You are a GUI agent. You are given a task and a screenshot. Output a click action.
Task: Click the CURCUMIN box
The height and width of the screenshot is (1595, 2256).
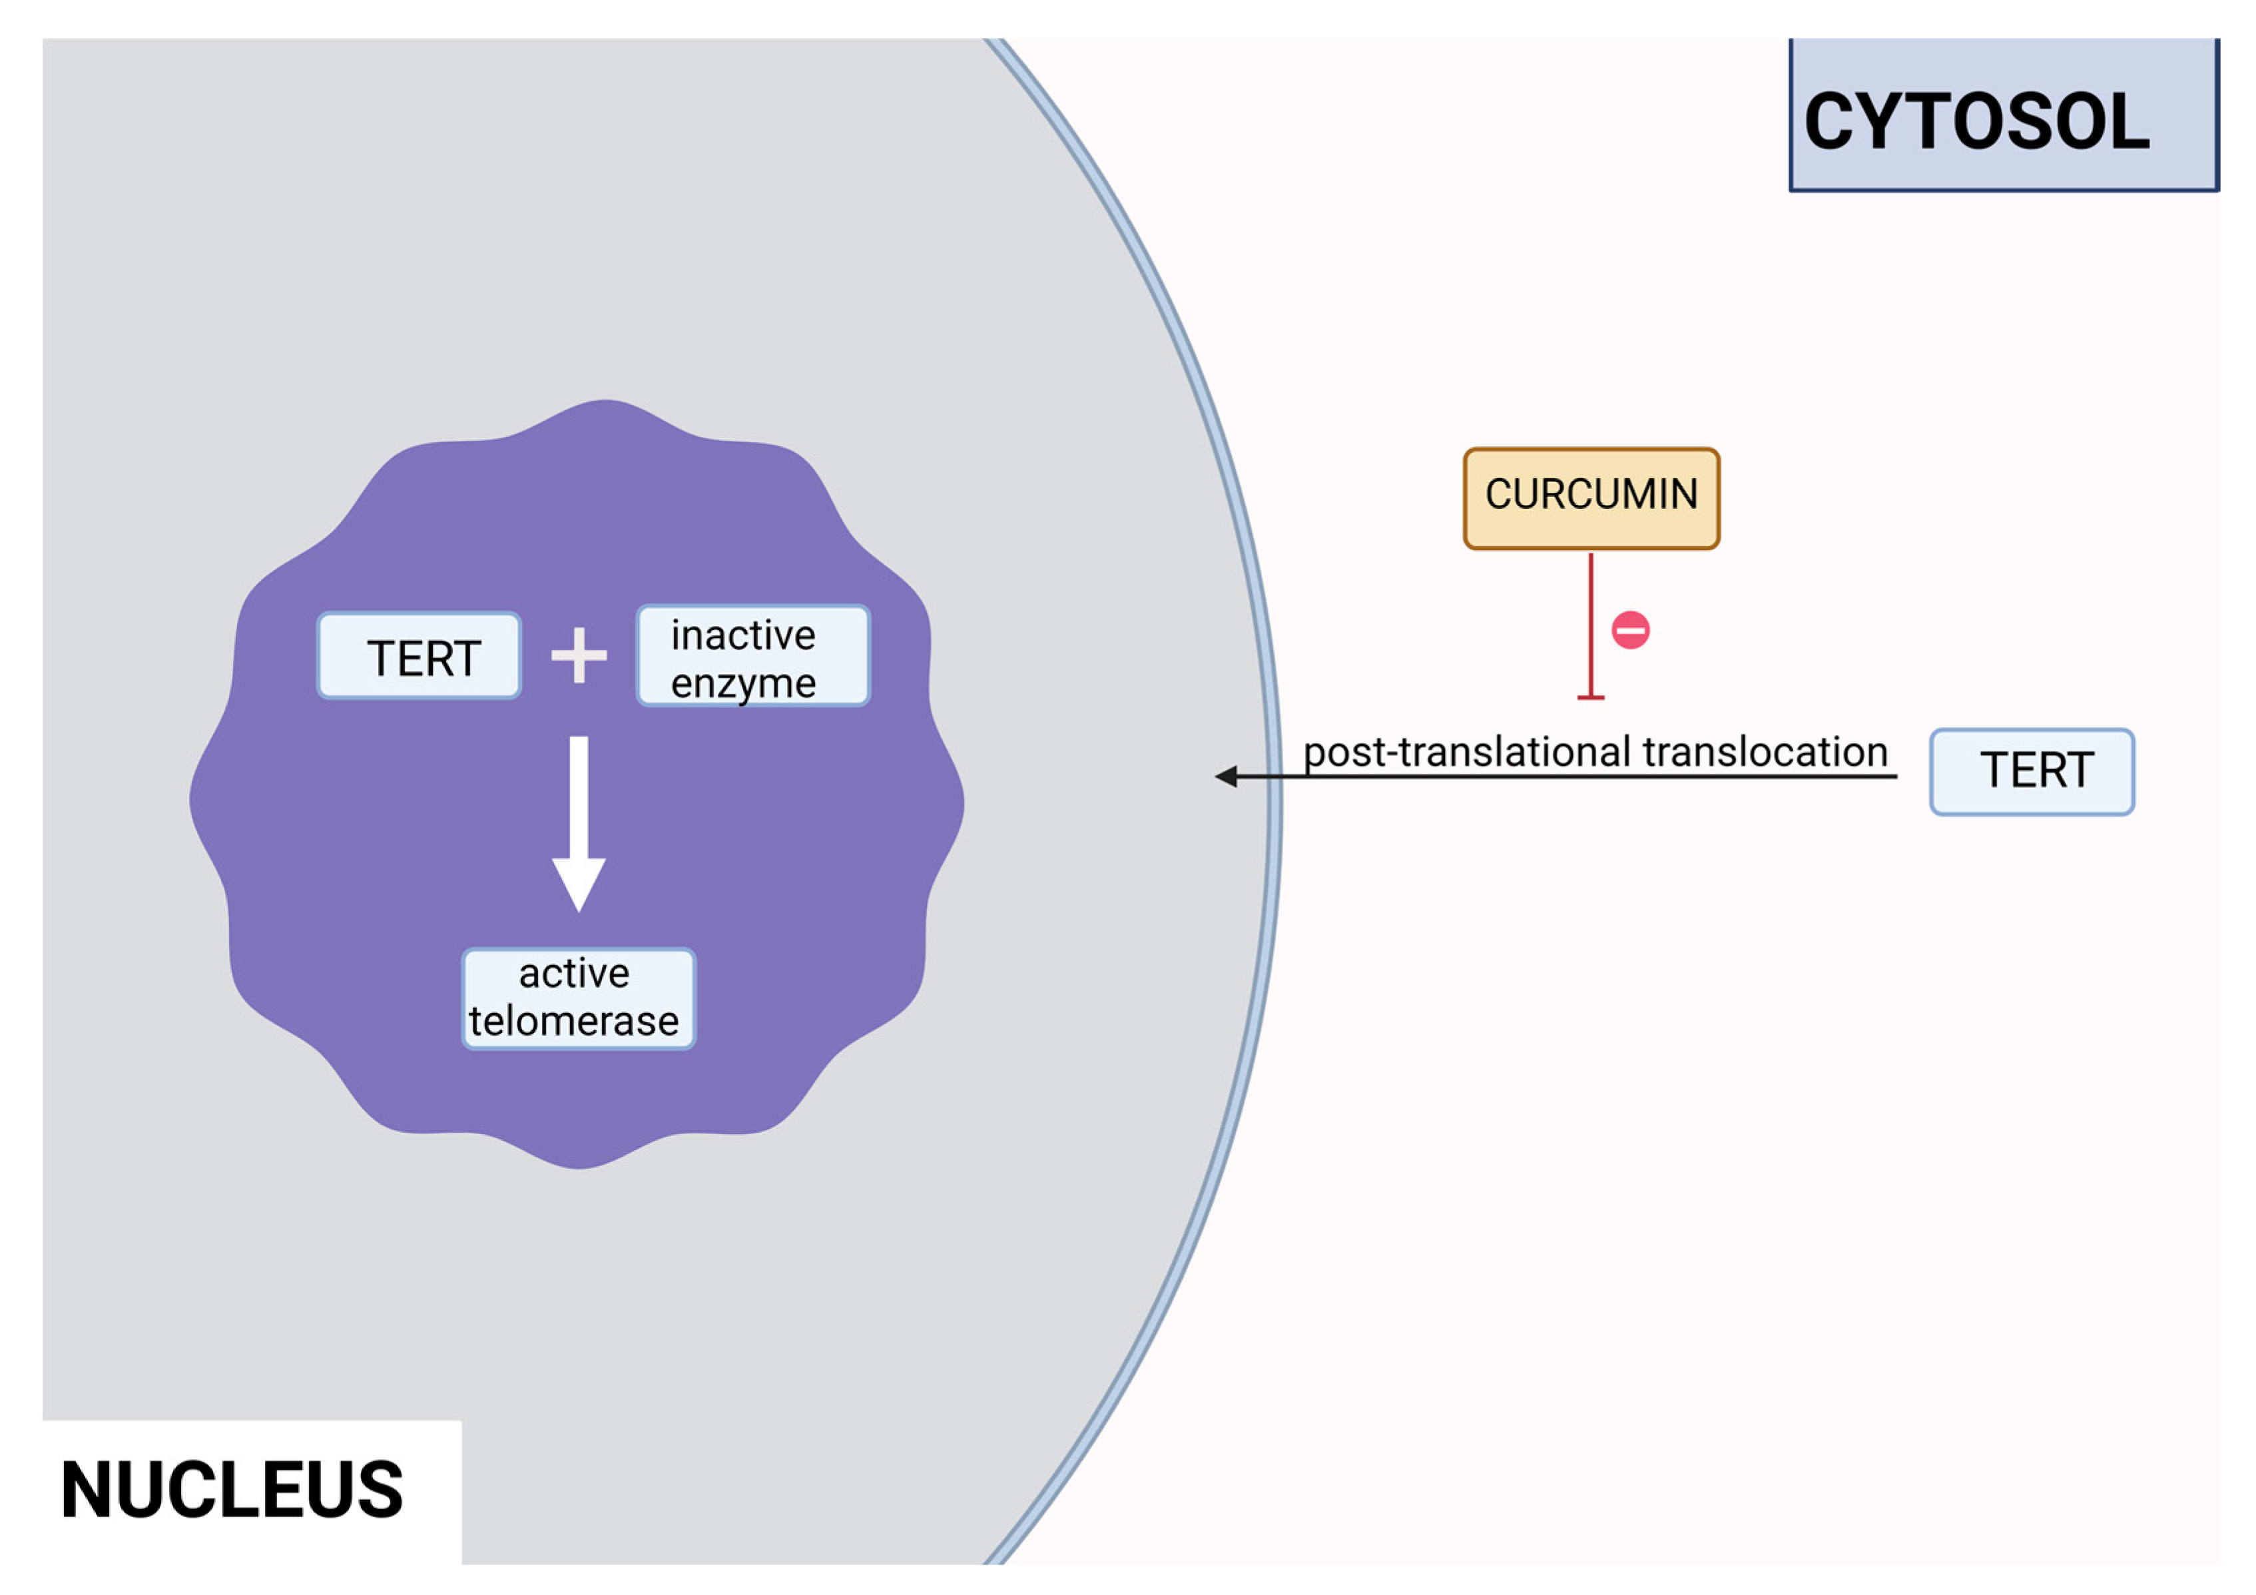coord(1591,498)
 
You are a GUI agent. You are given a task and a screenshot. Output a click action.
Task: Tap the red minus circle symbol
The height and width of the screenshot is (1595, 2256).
coord(1630,630)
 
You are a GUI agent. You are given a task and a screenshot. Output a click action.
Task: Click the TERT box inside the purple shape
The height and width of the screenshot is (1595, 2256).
coord(420,655)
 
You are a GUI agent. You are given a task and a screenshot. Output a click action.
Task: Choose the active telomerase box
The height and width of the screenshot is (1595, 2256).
coord(579,998)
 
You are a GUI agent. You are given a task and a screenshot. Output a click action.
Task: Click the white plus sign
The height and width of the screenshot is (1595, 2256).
coord(579,655)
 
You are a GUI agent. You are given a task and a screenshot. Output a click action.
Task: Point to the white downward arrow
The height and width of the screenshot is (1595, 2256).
coord(579,816)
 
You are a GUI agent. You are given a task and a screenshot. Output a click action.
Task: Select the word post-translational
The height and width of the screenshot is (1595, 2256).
coord(1468,752)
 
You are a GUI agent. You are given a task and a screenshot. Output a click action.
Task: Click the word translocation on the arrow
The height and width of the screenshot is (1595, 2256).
coord(1765,752)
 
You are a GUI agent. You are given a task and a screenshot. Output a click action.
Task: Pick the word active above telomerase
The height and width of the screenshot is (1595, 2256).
coord(574,974)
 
